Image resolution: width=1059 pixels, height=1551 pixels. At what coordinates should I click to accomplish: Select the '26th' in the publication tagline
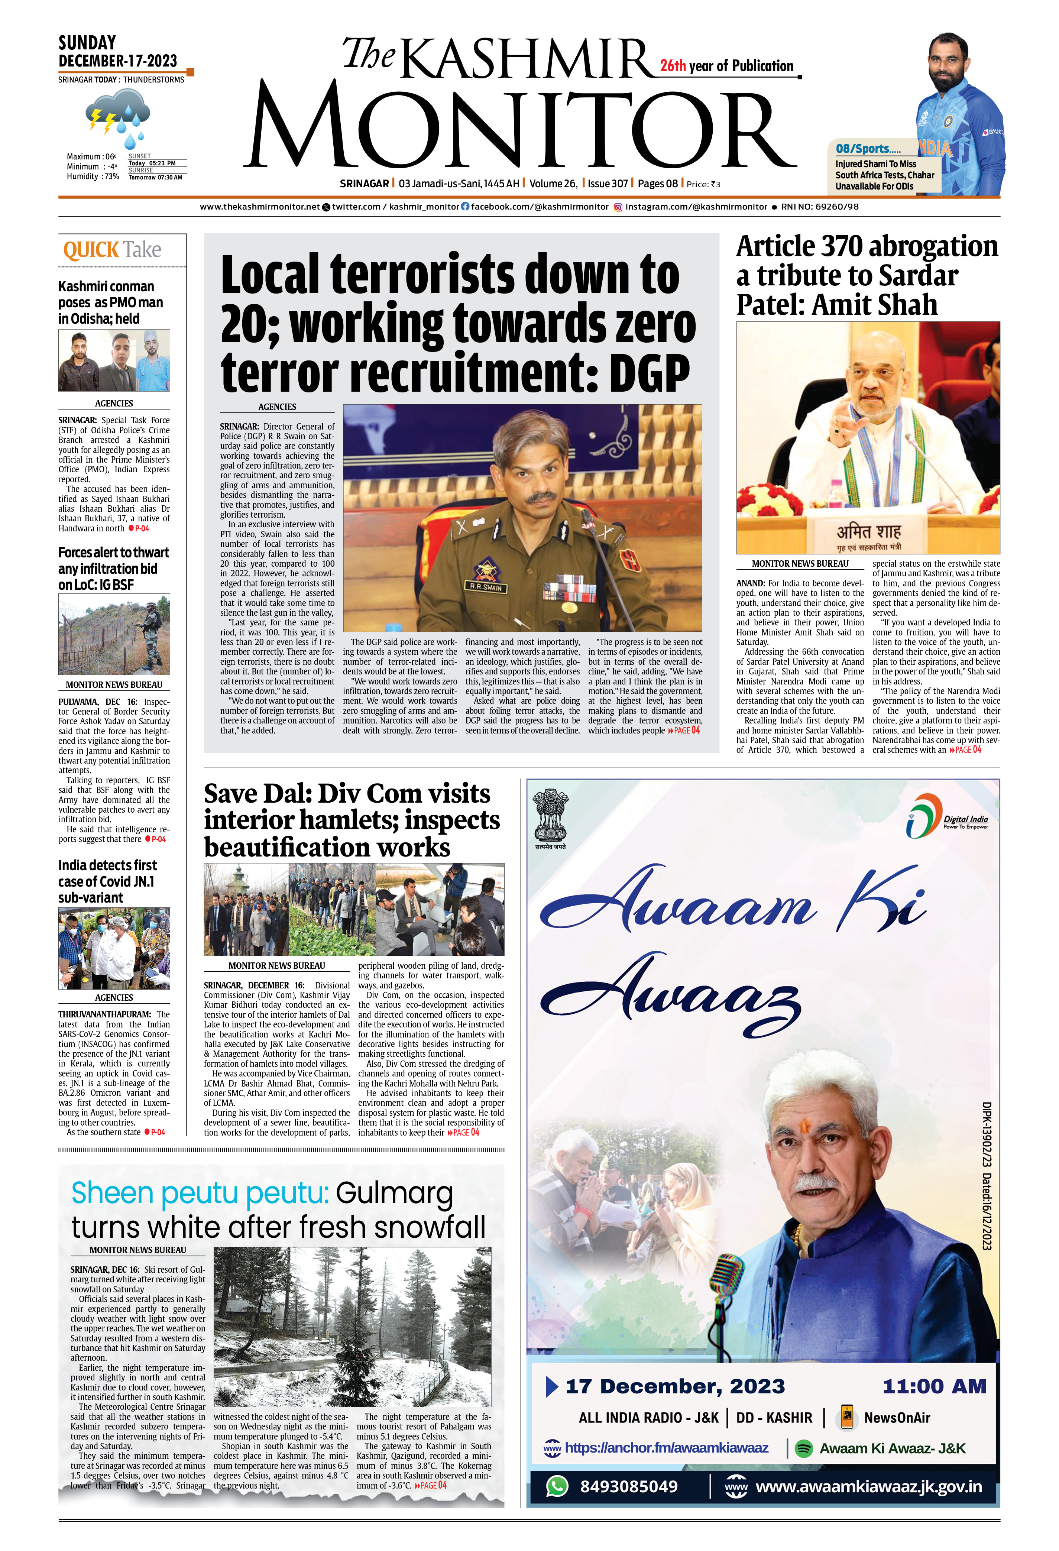click(x=673, y=65)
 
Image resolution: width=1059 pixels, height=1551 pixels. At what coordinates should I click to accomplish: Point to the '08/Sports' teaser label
click(x=868, y=149)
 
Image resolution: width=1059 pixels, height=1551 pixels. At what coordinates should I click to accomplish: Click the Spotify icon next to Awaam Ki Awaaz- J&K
click(x=804, y=1448)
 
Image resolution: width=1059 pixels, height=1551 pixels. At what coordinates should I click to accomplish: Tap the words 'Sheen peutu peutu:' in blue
click(x=200, y=1193)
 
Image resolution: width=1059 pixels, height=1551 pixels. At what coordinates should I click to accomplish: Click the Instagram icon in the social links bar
click(x=618, y=207)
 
